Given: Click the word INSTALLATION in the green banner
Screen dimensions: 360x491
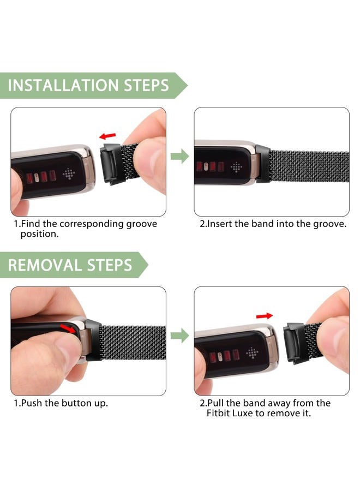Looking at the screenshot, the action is point(63,85).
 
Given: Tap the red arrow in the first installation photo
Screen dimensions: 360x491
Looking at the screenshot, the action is point(107,136).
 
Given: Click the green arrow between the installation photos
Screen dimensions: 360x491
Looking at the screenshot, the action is point(179,156).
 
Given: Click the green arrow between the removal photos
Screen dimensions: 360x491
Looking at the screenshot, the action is point(179,336).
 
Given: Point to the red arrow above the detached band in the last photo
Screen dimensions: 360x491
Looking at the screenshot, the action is point(265,316).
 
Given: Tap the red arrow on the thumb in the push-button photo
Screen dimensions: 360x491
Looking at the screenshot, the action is point(68,328).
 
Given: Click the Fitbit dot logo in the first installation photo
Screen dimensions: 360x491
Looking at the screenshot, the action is point(69,173).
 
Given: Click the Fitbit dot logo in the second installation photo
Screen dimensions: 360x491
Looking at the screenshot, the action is point(236,167).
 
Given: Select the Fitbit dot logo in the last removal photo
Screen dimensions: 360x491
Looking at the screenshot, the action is point(253,352).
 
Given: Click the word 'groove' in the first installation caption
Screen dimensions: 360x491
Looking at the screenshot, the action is point(142,224).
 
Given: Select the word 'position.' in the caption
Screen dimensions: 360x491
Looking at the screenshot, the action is point(39,234).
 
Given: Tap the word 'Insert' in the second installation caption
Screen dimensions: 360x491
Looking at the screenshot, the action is point(220,224).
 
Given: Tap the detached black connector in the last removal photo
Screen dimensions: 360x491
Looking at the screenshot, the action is point(294,343).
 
